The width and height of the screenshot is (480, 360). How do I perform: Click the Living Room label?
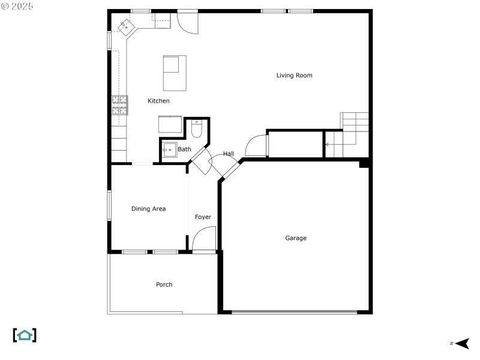point(294,76)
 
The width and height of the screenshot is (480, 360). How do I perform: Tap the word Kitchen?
point(158,101)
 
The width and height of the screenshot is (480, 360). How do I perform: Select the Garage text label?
point(296,238)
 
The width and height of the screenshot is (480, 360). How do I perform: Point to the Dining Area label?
point(148,209)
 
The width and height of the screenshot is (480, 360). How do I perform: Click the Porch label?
point(164,284)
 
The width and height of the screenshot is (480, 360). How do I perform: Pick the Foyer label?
point(203,217)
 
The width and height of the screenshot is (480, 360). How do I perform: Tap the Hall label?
point(229,154)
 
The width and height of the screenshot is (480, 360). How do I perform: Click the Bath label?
point(184,149)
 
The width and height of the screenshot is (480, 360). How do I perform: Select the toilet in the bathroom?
point(196,129)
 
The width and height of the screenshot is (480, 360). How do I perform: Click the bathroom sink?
point(169,150)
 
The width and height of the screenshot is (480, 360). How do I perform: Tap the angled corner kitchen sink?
point(126,28)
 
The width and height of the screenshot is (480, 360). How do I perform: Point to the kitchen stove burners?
point(119,105)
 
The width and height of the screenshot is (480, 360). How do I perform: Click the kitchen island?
point(175,73)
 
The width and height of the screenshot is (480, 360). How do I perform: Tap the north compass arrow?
point(462,343)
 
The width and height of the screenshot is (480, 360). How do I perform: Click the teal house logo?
point(25,335)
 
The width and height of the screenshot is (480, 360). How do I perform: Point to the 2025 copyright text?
point(17,6)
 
